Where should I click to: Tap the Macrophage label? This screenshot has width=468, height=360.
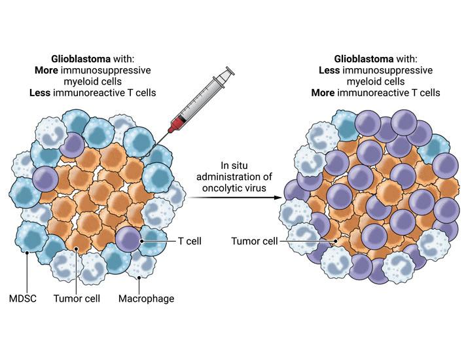(x=147, y=299)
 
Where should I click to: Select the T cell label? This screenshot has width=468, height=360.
(x=189, y=241)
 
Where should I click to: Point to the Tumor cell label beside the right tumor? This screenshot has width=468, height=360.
(x=254, y=241)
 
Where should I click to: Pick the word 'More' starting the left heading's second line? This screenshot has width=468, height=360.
(x=47, y=69)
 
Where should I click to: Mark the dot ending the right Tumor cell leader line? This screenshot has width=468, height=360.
(x=336, y=241)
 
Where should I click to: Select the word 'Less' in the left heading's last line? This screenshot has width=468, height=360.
(x=40, y=93)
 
